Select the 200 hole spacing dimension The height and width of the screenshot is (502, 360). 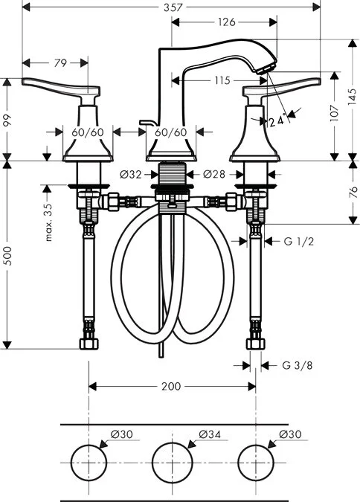pos(171,386)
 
